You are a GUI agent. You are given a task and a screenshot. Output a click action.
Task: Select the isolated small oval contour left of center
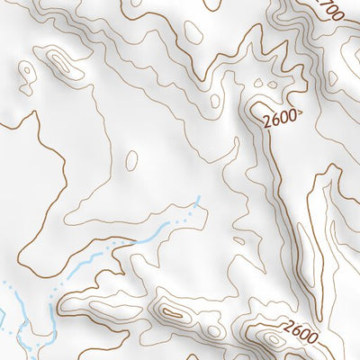click(x=132, y=161)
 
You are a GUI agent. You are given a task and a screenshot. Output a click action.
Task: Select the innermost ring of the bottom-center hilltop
click(x=171, y=312)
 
